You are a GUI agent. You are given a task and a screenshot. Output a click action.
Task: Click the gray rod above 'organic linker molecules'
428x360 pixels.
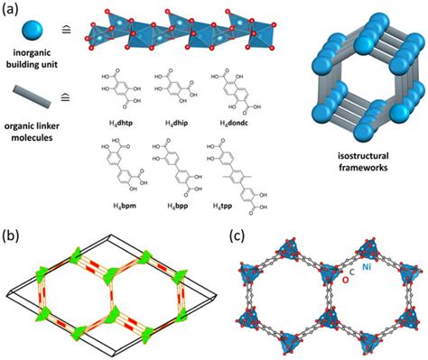(33, 94)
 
